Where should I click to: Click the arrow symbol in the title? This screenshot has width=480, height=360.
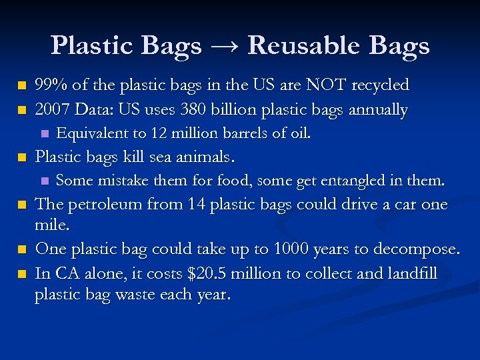224,46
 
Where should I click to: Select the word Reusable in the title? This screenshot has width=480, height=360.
298,46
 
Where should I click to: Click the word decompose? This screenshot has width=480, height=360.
421,249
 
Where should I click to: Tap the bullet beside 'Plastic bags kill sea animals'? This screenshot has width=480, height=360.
23,158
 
